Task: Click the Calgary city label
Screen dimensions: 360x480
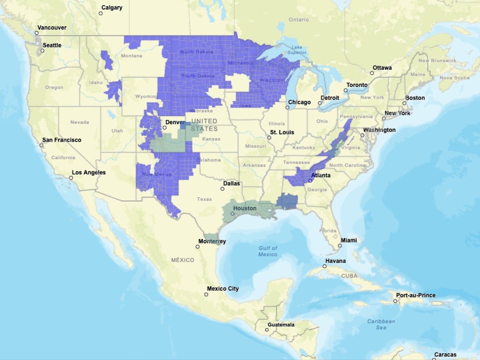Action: [112, 8]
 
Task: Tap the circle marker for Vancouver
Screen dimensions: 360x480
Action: [36, 33]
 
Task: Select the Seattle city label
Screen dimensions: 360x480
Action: [52, 45]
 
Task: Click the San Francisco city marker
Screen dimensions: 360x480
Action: [42, 145]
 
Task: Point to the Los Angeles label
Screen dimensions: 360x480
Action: [89, 173]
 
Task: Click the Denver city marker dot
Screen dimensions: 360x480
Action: [165, 128]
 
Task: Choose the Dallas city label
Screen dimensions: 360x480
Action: [231, 183]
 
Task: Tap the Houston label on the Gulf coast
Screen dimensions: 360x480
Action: [245, 208]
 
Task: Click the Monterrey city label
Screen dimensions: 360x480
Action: [212, 241]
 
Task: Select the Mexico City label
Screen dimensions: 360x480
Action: [223, 289]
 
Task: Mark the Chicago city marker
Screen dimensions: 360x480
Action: [288, 108]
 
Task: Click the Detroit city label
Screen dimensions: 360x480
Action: [330, 98]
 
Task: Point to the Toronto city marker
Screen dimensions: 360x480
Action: [346, 90]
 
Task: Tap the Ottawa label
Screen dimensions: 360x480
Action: [382, 68]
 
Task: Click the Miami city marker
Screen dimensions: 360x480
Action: [340, 246]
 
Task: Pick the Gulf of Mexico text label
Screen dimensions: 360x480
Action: [267, 251]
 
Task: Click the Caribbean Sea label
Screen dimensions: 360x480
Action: [381, 324]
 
